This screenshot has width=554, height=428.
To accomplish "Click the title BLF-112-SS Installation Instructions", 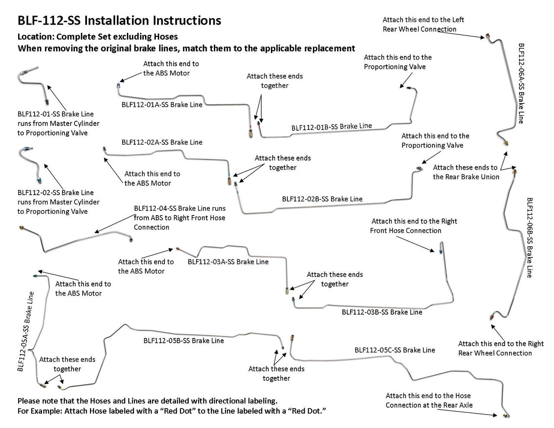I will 119,20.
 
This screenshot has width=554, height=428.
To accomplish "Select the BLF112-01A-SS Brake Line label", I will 162,104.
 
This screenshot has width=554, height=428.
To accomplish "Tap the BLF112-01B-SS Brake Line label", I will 332,127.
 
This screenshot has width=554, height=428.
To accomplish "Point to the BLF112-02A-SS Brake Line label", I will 162,142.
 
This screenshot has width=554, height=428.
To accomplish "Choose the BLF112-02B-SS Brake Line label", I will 322,199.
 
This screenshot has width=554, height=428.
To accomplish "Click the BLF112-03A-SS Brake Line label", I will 228,262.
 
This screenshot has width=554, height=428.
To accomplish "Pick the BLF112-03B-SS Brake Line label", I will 382,312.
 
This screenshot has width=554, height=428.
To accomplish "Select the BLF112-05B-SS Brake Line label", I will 184,341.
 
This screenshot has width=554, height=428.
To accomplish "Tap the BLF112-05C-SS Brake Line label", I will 395,350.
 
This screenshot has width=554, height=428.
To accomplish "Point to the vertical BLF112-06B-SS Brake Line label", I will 529,237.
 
